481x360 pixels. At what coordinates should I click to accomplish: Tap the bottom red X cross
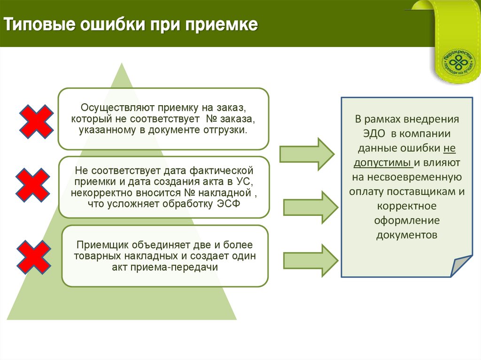[34, 257]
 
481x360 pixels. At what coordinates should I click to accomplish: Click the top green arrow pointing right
[307, 153]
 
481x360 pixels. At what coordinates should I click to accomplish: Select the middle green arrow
[310, 207]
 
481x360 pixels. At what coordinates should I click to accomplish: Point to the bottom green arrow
[310, 259]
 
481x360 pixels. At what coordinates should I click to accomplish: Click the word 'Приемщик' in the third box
[101, 245]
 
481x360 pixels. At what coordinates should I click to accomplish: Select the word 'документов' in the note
[407, 235]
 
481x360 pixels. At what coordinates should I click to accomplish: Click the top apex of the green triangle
[122, 64]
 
